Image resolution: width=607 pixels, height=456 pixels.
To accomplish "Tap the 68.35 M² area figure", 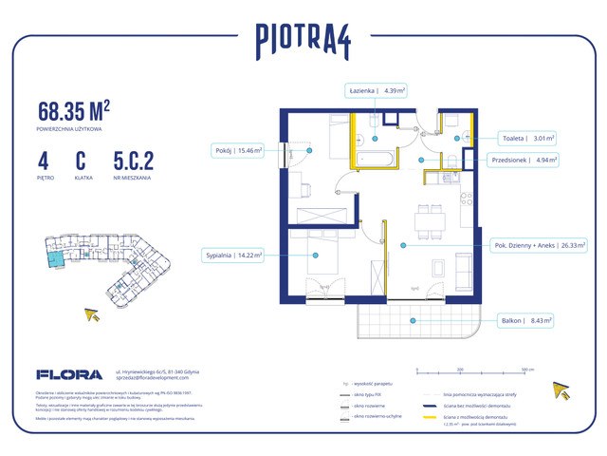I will coord(81,108).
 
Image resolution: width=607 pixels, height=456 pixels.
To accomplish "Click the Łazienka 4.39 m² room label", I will coord(377,91).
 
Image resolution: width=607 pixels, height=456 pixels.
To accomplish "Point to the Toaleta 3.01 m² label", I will coord(529,138).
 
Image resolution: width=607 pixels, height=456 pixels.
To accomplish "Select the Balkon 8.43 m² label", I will coord(524,321).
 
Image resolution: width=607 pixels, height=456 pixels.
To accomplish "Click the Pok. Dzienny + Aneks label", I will coord(537,244).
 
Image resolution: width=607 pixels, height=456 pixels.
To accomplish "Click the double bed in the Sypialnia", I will coord(314,261).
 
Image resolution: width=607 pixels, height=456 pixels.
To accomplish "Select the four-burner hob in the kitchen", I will coord(466,199).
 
